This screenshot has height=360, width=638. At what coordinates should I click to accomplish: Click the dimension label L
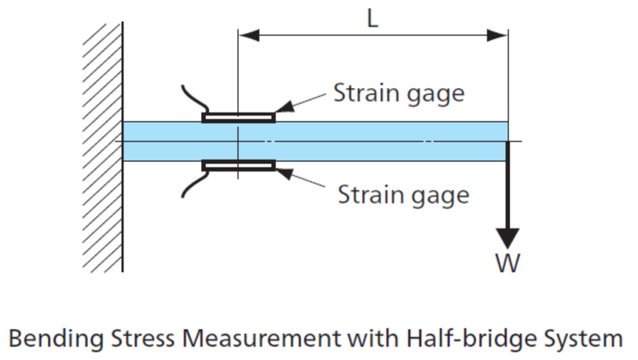372,19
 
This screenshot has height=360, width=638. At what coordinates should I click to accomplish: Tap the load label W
508,263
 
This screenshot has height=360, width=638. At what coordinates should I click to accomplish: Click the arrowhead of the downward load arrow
508,238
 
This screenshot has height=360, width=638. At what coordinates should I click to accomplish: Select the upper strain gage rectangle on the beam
238,118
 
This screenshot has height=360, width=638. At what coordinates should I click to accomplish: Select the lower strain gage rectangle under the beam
238,165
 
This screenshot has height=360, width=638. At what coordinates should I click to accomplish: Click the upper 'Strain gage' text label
399,94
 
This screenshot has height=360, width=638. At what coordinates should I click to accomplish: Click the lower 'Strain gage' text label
403,196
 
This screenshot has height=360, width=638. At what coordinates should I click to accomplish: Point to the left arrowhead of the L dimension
248,35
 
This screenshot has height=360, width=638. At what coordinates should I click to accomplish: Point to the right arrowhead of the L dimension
497,35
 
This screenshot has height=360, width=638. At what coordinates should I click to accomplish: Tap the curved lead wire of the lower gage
195,184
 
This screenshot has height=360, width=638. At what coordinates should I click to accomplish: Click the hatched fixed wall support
103,148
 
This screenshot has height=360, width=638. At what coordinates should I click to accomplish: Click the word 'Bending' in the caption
57,339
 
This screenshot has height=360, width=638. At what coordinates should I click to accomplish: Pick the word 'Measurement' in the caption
261,338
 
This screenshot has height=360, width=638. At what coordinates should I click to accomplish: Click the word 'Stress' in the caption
143,338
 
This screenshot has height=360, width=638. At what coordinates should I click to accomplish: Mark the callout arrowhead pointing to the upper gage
284,107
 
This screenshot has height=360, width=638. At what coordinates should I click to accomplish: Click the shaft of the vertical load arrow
508,186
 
